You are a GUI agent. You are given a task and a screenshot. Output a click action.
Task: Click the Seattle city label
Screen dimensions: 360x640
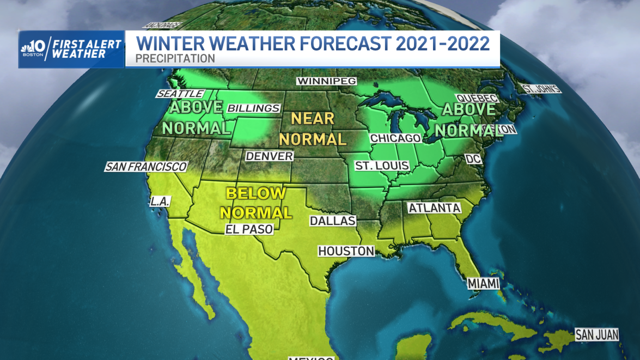click(179, 94)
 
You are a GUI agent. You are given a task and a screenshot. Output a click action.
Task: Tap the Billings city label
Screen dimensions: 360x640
click(253, 108)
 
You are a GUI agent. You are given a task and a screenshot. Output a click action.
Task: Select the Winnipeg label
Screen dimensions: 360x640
click(326, 81)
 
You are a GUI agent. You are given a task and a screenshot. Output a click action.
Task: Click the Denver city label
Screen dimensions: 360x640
click(269, 156)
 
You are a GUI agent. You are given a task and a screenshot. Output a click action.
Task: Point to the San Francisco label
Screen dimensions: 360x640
click(146, 167)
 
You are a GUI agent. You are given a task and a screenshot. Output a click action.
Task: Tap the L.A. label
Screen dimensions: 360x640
click(161, 202)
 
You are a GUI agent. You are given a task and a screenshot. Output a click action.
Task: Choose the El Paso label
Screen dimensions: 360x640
click(249, 229)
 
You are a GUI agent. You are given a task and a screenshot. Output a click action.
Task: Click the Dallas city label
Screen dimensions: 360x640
click(332, 221)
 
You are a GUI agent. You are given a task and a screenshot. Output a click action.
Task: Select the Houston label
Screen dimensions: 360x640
click(346, 251)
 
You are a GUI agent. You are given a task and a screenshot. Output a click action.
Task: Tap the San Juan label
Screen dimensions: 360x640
click(597, 334)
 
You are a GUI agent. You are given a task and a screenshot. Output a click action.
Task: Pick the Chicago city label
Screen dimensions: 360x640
click(395, 138)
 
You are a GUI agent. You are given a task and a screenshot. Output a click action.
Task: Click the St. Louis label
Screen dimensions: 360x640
click(382, 166)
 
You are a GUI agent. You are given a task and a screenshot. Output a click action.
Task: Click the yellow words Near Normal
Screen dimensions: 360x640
click(312, 129)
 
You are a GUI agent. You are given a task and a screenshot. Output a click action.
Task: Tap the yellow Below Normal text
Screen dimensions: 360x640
click(256, 202)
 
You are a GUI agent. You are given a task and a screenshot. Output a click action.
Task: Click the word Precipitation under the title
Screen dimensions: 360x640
click(175, 58)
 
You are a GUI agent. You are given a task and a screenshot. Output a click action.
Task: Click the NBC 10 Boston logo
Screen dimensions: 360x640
click(34, 49)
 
